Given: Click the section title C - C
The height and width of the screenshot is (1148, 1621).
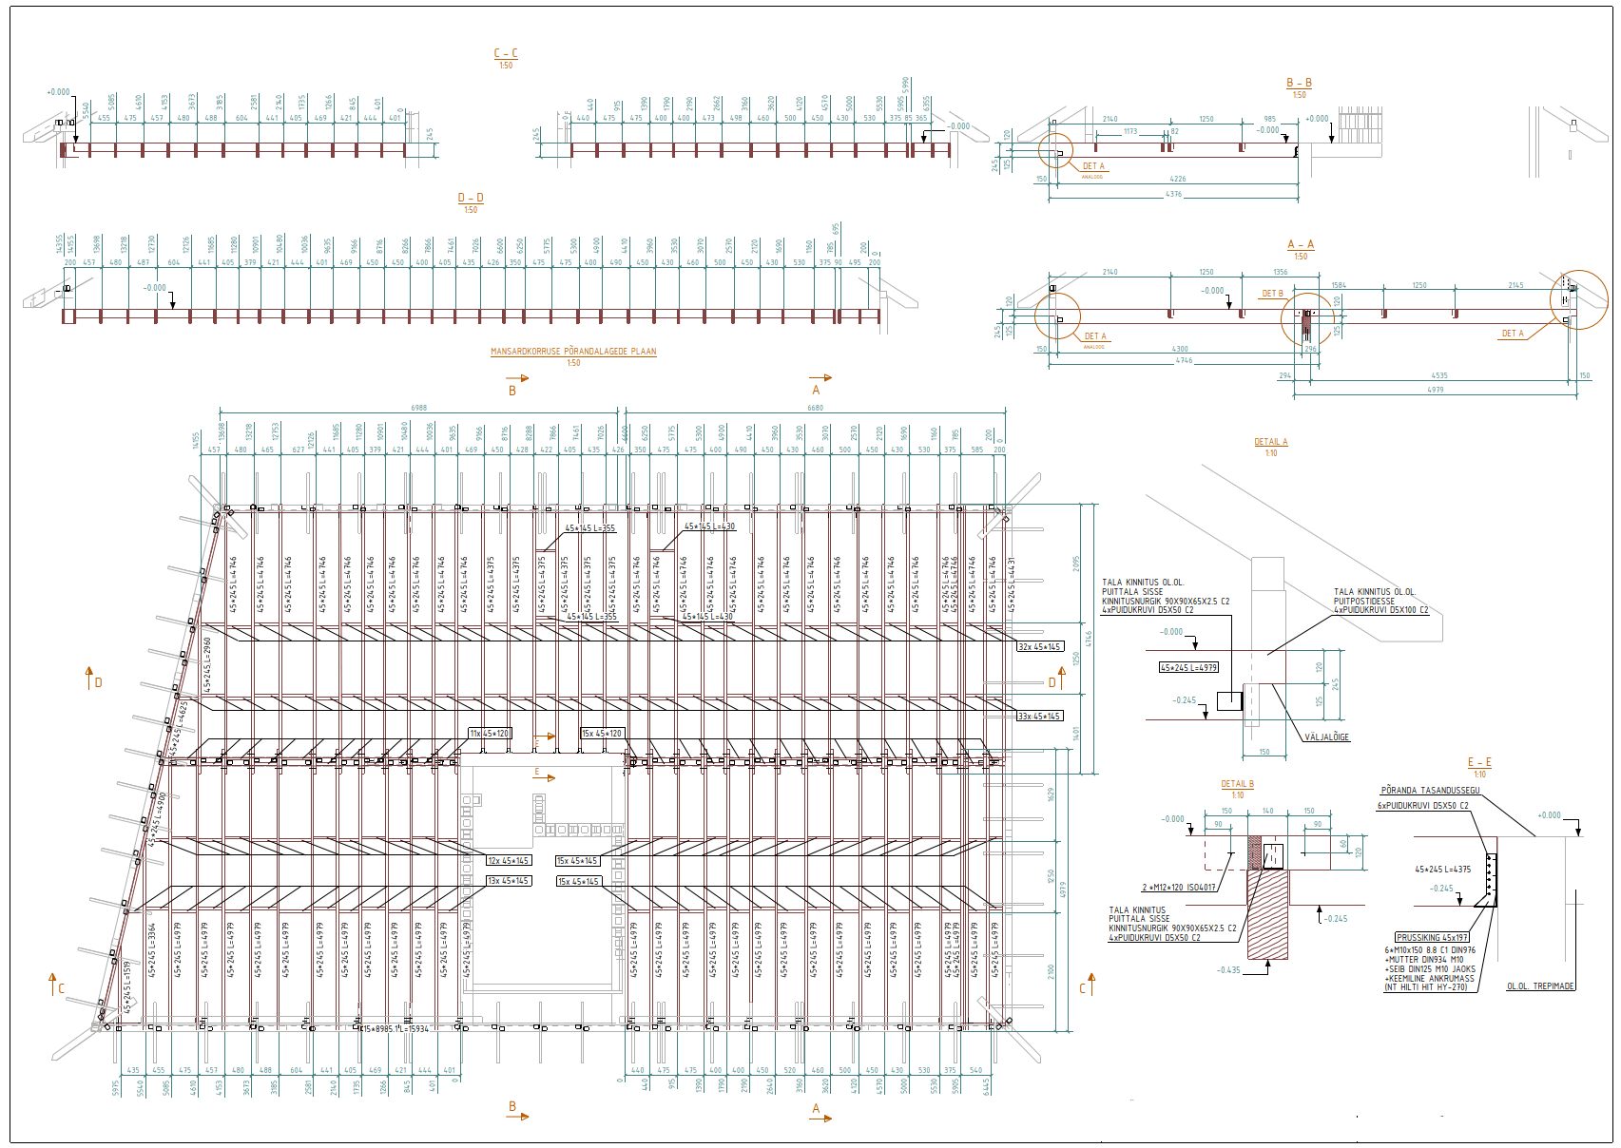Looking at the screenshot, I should pos(506,54).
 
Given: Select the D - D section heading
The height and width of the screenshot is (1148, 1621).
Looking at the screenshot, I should pos(471,199).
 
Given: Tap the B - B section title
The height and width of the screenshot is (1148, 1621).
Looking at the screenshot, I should pos(1299,84).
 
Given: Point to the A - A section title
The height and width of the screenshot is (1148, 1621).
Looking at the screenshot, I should pos(1301,245).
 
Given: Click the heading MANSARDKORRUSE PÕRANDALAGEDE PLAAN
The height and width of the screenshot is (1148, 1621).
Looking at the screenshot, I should pos(573,352).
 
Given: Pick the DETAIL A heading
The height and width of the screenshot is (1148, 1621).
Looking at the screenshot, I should pos(1270,442).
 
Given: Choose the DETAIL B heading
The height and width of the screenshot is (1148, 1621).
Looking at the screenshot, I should pos(1237,784).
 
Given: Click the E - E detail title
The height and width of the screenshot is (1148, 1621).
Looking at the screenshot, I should pos(1479,763).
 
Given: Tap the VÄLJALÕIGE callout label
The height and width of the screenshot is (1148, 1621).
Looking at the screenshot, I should pos(1326,737).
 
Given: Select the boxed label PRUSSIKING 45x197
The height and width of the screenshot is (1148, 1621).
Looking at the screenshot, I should pos(1432,937).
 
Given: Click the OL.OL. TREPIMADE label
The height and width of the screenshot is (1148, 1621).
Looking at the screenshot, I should pos(1540,986).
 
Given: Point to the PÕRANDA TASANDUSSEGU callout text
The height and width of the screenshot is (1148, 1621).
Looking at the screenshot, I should pos(1430,791).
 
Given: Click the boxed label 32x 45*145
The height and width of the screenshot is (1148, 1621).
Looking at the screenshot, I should pos(1039,647).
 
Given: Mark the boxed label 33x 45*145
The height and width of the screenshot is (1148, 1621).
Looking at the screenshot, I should pos(1039,717).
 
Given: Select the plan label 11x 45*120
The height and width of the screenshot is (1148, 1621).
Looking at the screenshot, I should pos(491,734).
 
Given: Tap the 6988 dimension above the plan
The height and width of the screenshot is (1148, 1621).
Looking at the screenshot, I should pos(419,408).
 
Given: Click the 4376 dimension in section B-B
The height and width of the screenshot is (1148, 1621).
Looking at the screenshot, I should pos(1174,195).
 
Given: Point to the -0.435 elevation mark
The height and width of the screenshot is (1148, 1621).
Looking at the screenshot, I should pos(1228,970).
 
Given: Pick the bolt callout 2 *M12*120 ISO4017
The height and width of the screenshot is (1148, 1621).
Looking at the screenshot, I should pos(1179,888).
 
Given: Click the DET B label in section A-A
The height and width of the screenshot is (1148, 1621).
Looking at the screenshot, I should pos(1272,294).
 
